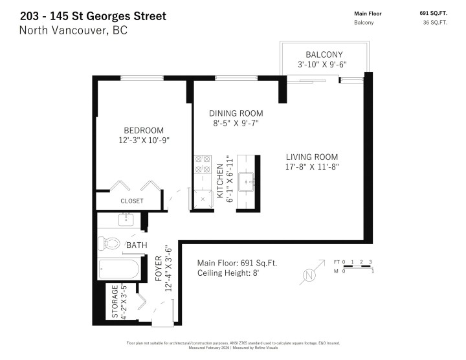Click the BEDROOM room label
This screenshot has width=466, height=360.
144,130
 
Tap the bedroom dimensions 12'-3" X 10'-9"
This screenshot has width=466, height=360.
144,140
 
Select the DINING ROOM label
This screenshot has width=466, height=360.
236,113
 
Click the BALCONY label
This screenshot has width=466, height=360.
324,54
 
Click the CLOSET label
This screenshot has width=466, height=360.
132,201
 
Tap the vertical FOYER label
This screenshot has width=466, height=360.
158,269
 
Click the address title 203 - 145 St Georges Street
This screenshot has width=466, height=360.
93,16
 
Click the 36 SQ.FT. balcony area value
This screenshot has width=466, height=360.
434,23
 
